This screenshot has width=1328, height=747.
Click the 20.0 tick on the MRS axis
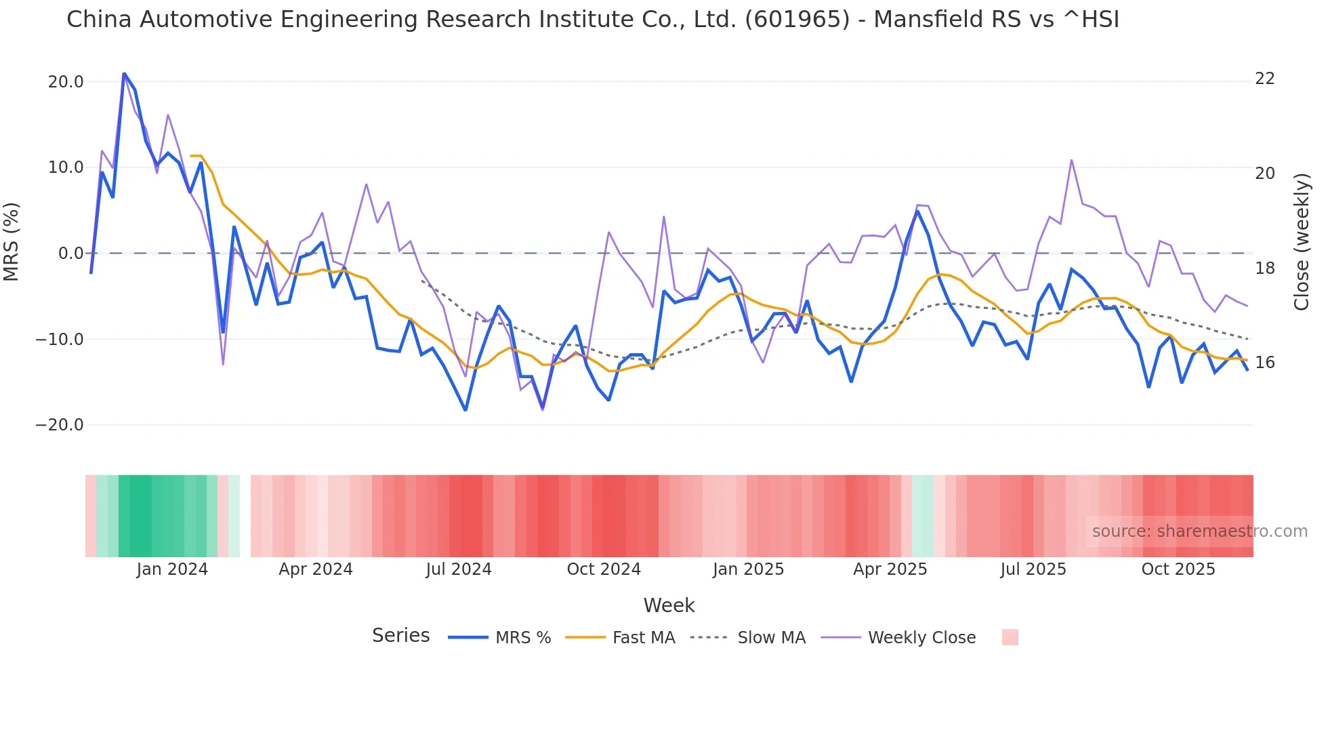pyautogui.click(x=66, y=82)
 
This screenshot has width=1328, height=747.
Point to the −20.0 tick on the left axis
pyautogui.click(x=60, y=425)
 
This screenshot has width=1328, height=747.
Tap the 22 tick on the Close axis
pyautogui.click(x=1264, y=79)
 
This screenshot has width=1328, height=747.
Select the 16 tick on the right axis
pyautogui.click(x=1264, y=363)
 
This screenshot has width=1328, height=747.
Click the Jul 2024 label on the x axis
pyautogui.click(x=459, y=569)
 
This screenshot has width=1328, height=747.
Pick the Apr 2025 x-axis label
pyautogui.click(x=890, y=569)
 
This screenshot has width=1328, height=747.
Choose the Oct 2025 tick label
pyautogui.click(x=1178, y=569)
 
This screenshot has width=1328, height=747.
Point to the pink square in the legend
pyautogui.click(x=1010, y=637)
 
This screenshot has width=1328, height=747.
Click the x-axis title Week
pyautogui.click(x=669, y=605)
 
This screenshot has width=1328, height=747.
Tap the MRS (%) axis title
pyautogui.click(x=12, y=241)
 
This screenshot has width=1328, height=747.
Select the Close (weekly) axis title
pyautogui.click(x=1302, y=242)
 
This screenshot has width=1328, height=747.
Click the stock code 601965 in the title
pyautogui.click(x=797, y=20)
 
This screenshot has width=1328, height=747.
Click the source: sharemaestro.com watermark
pyautogui.click(x=1199, y=531)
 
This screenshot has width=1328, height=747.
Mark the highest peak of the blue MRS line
pyautogui.click(x=124, y=73)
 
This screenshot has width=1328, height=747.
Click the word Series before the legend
pyautogui.click(x=400, y=636)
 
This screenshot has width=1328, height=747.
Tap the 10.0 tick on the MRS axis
pyautogui.click(x=66, y=167)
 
